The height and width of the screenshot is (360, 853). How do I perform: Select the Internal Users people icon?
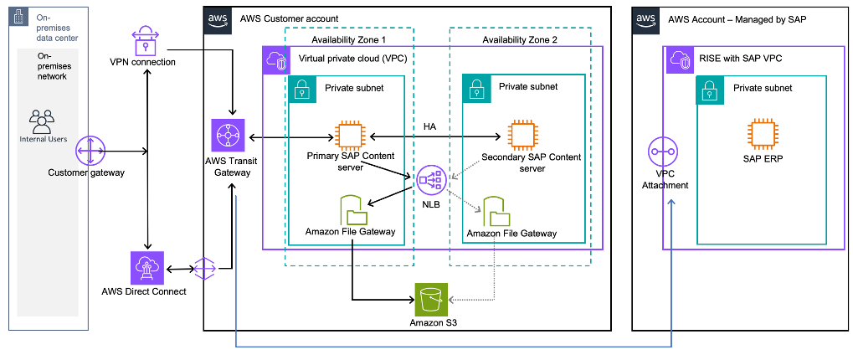41,122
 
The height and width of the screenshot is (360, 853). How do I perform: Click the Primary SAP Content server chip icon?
350,136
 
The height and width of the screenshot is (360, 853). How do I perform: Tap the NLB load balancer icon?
431,178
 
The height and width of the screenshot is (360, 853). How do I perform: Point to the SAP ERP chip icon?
763,136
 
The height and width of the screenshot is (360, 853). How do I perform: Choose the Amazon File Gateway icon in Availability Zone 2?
495,211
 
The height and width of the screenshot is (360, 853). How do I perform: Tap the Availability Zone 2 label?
519,39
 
